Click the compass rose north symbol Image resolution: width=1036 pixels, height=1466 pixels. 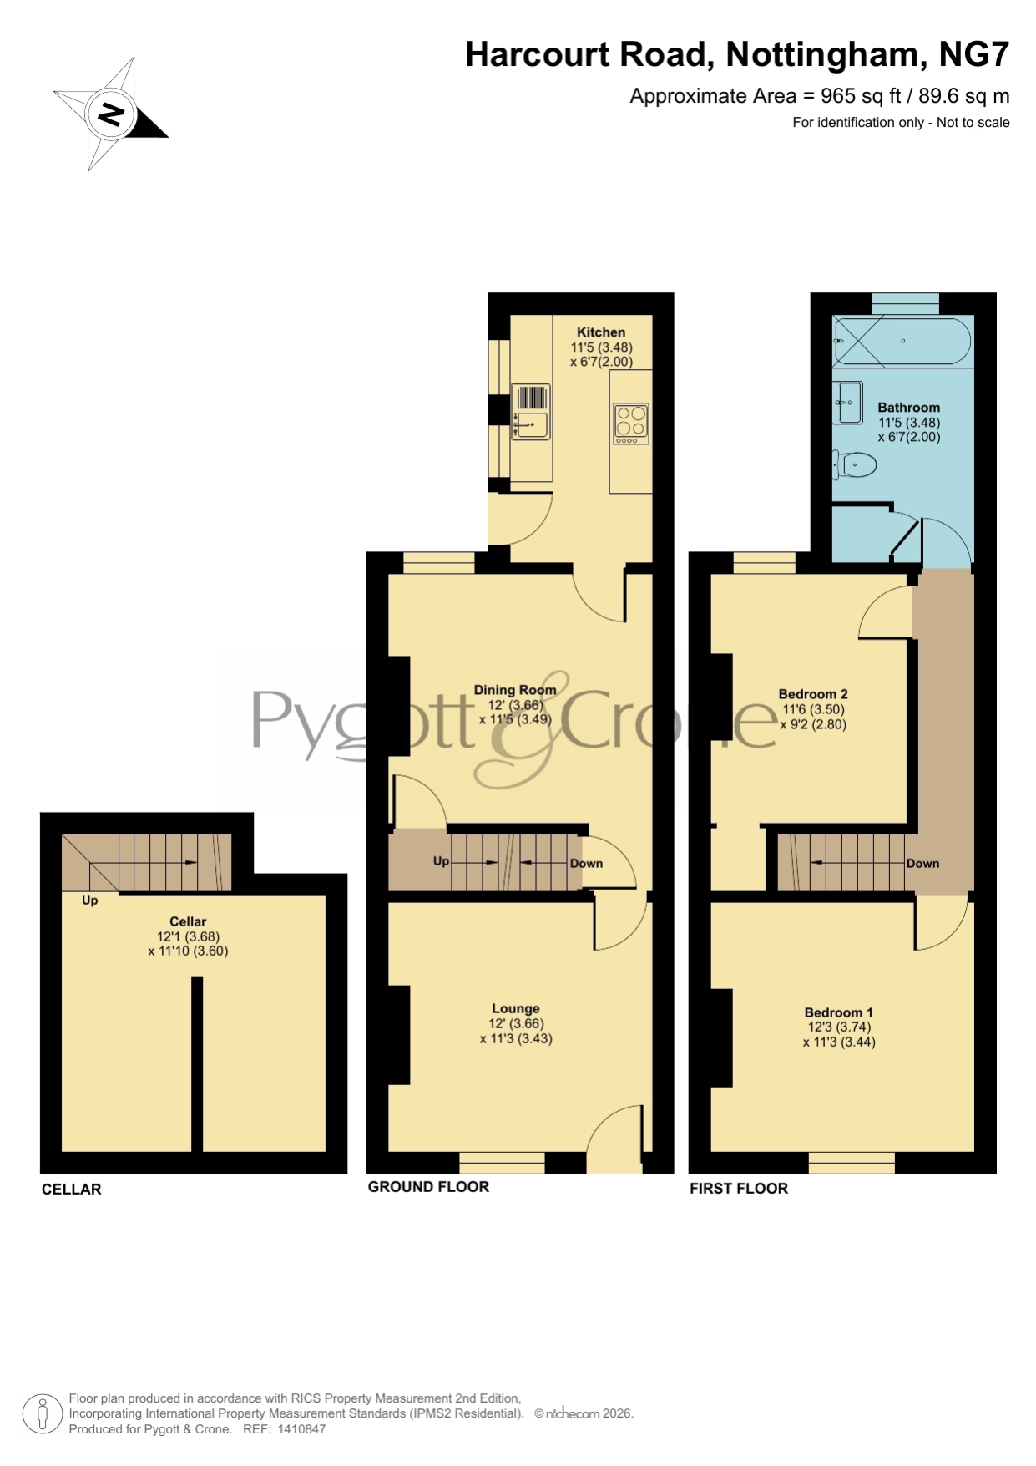click(x=111, y=114)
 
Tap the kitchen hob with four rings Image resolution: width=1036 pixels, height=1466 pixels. click(x=631, y=424)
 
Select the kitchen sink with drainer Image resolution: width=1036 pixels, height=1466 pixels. click(x=530, y=412)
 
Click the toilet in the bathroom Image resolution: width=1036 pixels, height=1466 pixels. click(x=854, y=464)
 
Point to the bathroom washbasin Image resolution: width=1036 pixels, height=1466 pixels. click(x=848, y=403)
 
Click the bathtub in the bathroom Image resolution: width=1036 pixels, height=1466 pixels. click(x=902, y=341)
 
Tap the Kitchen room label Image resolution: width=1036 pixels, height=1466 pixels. click(x=601, y=332)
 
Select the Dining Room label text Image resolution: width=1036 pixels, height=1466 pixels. click(x=515, y=690)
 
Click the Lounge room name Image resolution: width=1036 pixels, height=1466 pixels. click(x=516, y=1008)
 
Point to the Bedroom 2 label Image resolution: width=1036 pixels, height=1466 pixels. click(x=813, y=694)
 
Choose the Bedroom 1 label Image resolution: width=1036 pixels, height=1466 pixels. click(x=839, y=1012)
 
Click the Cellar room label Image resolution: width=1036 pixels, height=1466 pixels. click(x=188, y=921)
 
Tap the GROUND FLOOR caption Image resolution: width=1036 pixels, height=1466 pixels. click(x=428, y=1187)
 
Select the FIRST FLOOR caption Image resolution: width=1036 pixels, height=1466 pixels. click(x=739, y=1189)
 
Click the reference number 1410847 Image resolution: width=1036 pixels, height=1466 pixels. click(x=301, y=1429)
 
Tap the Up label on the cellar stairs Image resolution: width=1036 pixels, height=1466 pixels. click(x=89, y=900)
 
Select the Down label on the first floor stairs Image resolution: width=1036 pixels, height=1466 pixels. click(x=922, y=864)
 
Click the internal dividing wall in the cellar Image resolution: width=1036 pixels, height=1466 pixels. click(x=197, y=1065)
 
